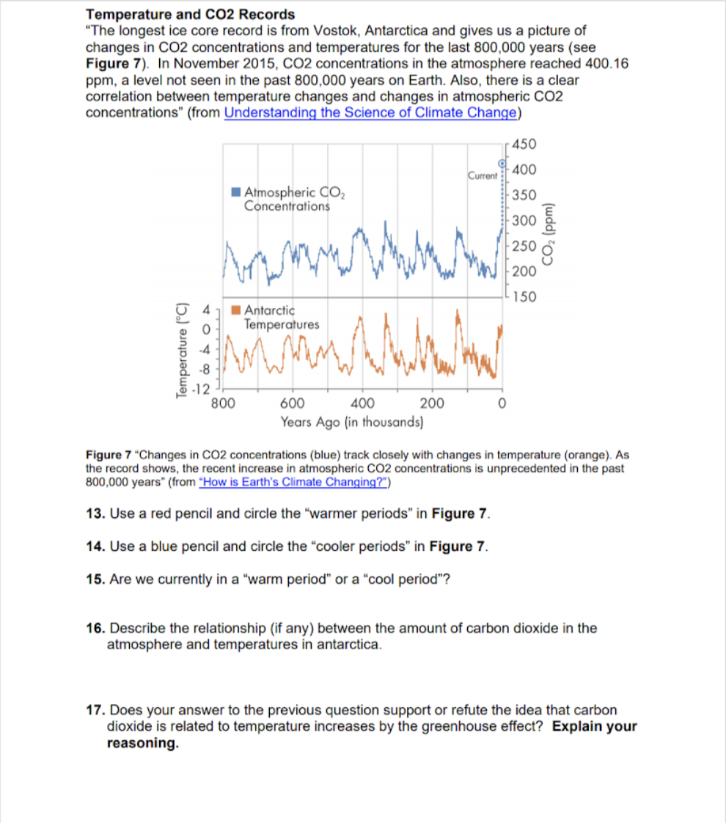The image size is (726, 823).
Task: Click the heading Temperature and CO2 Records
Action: tap(191, 14)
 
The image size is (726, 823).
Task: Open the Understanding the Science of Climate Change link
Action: tap(372, 112)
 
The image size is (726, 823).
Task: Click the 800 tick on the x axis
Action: tap(223, 403)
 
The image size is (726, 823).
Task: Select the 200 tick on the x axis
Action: tap(433, 403)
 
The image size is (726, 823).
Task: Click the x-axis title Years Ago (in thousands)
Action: tap(351, 422)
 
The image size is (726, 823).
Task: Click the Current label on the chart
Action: tap(482, 176)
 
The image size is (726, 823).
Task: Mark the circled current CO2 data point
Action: tap(502, 163)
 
